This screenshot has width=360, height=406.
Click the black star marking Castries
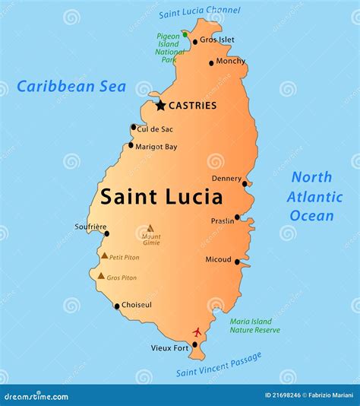160,106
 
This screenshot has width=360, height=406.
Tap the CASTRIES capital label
192,106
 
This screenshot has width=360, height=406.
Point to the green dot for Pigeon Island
185,34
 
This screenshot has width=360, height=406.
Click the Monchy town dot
211,62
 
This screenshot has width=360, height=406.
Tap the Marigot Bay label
156,146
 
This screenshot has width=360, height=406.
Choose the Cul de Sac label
155,128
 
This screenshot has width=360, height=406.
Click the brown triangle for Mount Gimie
150,227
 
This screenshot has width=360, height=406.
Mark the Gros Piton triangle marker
101,276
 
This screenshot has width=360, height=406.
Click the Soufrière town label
90,225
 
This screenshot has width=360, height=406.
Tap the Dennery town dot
245,183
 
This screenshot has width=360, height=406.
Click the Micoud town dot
237,262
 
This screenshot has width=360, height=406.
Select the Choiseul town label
137,305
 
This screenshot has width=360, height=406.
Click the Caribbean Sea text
71,86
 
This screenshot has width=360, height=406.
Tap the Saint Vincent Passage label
219,364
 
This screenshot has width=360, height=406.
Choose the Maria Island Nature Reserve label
254,325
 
